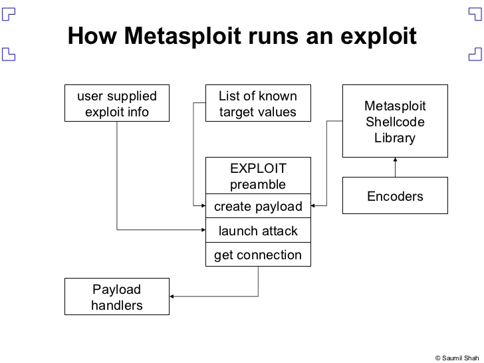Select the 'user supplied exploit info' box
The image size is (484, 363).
click(117, 104)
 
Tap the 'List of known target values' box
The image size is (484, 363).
click(258, 104)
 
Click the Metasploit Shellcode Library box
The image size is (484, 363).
click(395, 121)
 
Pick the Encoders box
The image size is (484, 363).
click(395, 196)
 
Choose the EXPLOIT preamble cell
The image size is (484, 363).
click(258, 176)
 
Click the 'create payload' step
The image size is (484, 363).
click(258, 207)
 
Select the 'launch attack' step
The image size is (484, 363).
click(258, 231)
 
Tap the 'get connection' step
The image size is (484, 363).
click(258, 255)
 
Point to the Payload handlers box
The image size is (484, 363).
click(117, 297)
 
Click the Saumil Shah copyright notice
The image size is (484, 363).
click(457, 356)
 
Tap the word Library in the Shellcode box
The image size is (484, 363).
click(395, 138)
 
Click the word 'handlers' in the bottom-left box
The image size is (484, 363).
click(117, 305)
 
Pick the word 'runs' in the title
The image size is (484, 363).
click(281, 35)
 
